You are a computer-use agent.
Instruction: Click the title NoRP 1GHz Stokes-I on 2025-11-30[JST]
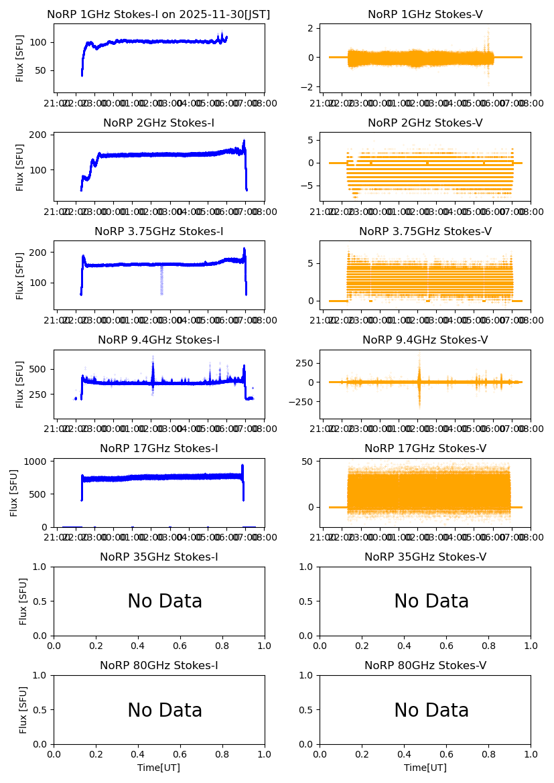point(159,14)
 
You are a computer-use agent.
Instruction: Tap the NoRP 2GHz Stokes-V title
point(425,123)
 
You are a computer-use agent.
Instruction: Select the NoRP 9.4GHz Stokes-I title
point(159,340)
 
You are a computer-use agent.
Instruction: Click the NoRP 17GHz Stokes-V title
point(425,448)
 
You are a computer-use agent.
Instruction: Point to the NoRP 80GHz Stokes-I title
point(159,665)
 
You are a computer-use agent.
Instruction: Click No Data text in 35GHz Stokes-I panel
point(165,601)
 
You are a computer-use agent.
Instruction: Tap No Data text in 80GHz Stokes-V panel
point(431,711)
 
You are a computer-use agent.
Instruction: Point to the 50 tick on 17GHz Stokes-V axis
point(309,461)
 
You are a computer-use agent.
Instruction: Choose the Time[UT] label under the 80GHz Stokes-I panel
point(159,768)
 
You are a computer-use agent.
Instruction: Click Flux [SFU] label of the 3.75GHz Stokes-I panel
point(21,275)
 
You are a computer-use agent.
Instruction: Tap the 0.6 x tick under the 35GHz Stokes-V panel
point(446,646)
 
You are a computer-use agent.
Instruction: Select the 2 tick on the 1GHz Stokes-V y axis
point(311,28)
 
